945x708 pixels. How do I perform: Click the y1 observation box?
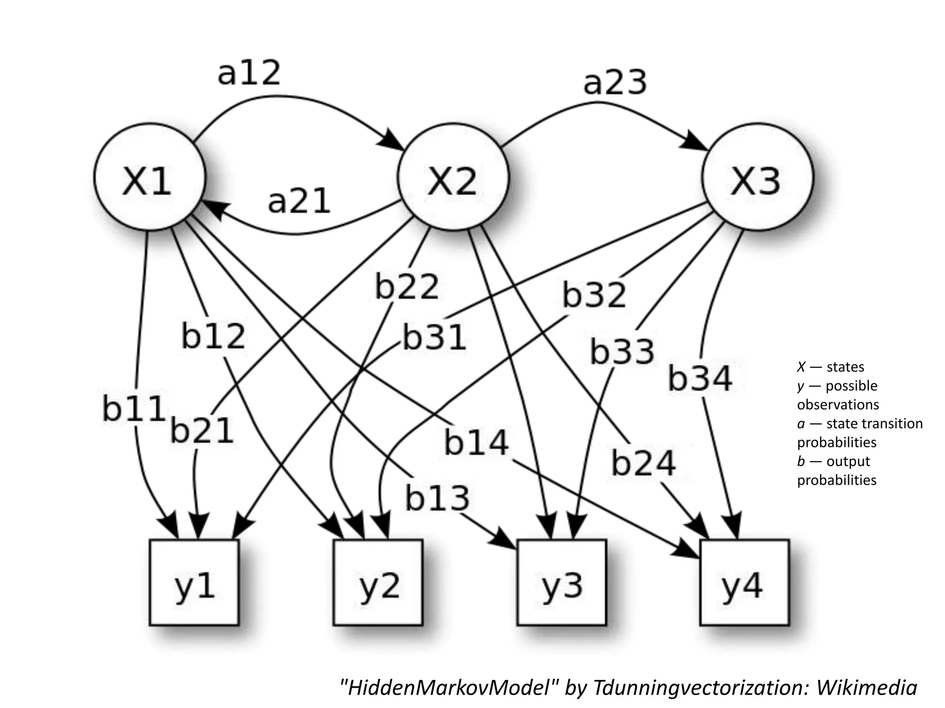tap(194, 583)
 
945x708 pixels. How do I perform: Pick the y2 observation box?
tap(378, 583)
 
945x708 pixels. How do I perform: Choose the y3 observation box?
tap(562, 583)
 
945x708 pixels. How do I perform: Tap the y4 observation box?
tap(744, 583)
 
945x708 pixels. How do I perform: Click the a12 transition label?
tap(249, 73)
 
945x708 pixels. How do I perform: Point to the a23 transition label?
tap(615, 83)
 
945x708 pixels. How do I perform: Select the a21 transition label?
tap(299, 201)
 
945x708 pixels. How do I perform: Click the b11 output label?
tap(134, 408)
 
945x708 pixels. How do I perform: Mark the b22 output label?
tap(407, 286)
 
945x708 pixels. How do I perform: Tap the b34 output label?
tap(700, 378)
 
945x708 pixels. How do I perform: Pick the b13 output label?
tap(437, 498)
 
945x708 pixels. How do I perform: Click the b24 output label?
tap(643, 463)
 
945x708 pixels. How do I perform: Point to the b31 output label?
tap(434, 337)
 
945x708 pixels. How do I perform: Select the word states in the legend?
tap(845, 367)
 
